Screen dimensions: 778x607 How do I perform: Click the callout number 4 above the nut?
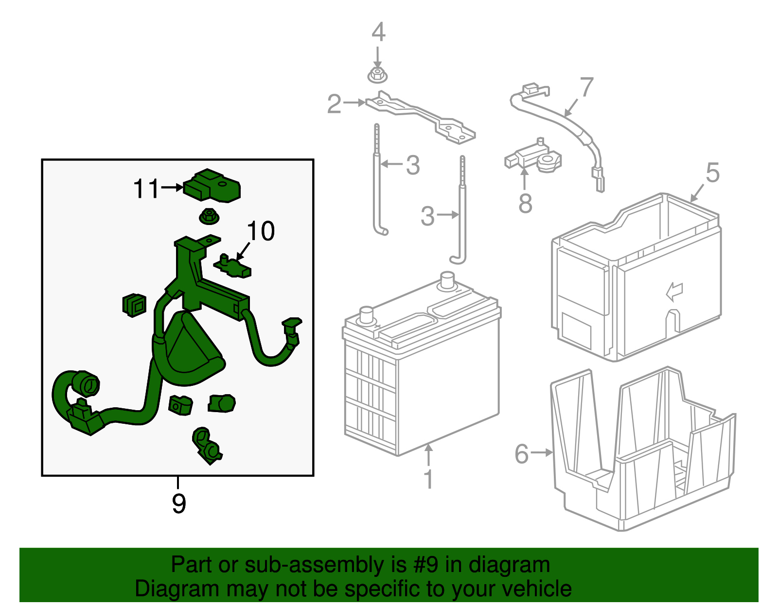click(x=378, y=32)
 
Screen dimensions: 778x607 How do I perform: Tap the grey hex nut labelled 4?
click(x=377, y=75)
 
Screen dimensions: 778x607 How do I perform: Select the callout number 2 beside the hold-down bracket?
click(x=335, y=104)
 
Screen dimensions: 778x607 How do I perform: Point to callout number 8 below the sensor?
click(x=525, y=203)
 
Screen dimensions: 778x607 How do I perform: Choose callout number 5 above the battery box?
click(x=712, y=173)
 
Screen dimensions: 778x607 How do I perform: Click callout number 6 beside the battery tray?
click(x=522, y=453)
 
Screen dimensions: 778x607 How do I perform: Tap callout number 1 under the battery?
click(x=428, y=479)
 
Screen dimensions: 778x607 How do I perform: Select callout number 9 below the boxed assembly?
click(x=179, y=503)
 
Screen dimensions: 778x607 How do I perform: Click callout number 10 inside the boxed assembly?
click(x=261, y=231)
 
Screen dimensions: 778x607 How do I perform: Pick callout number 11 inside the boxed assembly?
click(x=146, y=189)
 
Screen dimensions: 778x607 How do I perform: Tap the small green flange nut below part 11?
click(x=209, y=217)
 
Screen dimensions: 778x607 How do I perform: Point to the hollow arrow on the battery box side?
click(x=674, y=292)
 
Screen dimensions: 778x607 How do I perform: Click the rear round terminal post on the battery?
click(x=447, y=280)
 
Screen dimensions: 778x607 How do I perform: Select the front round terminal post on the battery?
click(x=366, y=315)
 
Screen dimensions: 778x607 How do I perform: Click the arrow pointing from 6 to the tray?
click(x=541, y=453)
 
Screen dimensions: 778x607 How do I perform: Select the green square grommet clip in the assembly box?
click(x=134, y=305)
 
